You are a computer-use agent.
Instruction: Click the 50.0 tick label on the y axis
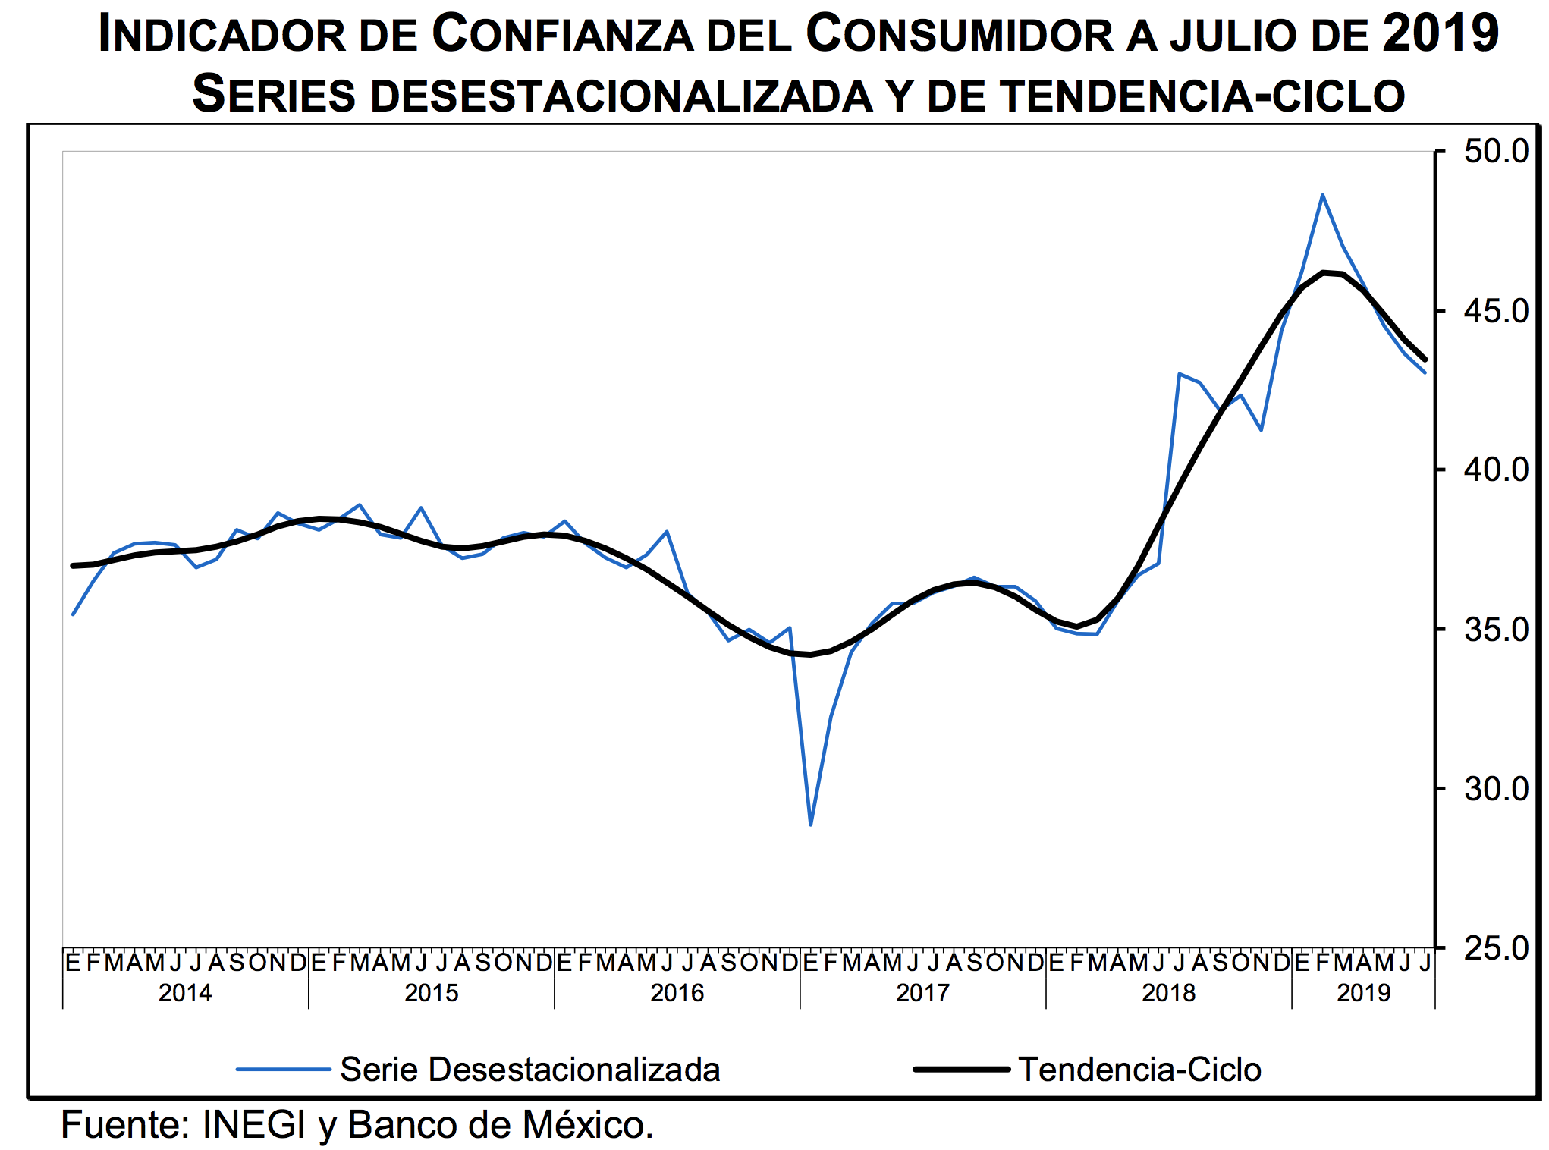pos(1495,151)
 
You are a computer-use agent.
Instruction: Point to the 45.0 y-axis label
pos(1495,311)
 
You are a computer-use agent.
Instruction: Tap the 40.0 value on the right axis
pos(1495,470)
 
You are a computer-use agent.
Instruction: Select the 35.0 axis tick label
pos(1495,630)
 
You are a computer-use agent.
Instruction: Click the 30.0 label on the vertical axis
pos(1495,790)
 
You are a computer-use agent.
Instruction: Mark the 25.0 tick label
pos(1495,948)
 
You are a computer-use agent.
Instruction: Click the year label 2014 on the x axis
pos(185,993)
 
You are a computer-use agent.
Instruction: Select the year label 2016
pos(677,993)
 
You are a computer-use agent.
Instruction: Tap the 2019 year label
pos(1363,993)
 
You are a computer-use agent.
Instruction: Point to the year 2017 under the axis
pos(922,993)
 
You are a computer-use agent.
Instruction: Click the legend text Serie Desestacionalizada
pos(529,1070)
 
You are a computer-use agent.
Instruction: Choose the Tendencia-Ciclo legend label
pos(1139,1070)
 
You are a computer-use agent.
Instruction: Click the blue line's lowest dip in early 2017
pos(811,824)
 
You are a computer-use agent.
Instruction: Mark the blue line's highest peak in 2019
pos(1322,195)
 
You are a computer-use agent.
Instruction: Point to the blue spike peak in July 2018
pos(1180,374)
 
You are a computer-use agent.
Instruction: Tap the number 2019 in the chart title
pos(1440,33)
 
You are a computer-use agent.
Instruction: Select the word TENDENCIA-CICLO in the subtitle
pos(1202,96)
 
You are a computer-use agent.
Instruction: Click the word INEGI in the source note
pos(253,1125)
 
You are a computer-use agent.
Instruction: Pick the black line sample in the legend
pos(961,1070)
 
